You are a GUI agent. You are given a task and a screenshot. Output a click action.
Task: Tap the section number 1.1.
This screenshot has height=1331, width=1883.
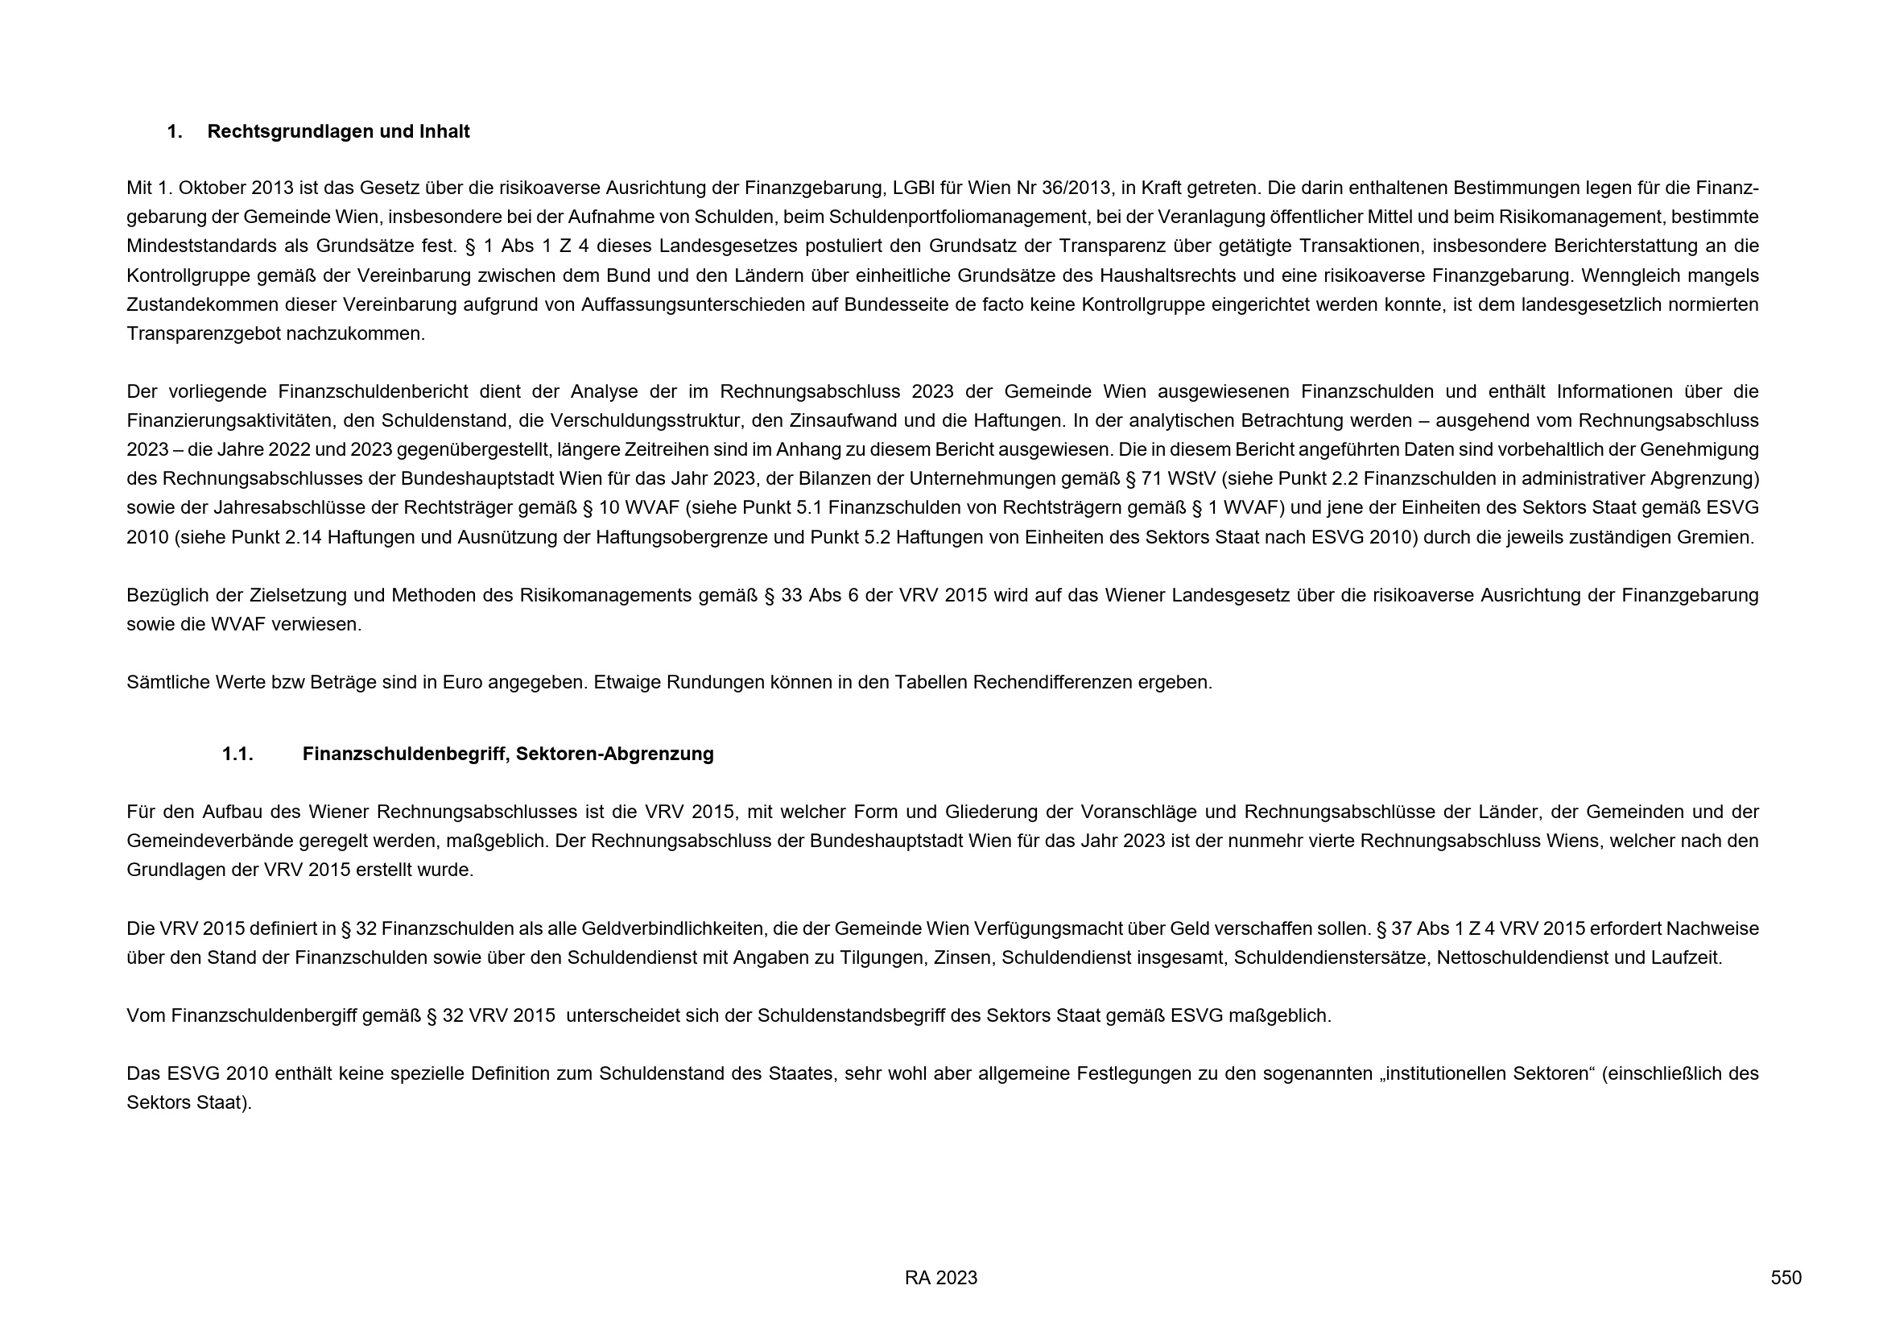tap(237, 754)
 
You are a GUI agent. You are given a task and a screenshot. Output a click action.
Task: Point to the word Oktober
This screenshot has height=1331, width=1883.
tap(213, 188)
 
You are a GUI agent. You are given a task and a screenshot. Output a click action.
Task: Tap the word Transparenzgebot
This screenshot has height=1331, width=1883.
tap(204, 335)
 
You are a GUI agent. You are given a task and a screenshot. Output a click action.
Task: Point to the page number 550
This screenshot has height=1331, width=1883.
tap(1786, 1278)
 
